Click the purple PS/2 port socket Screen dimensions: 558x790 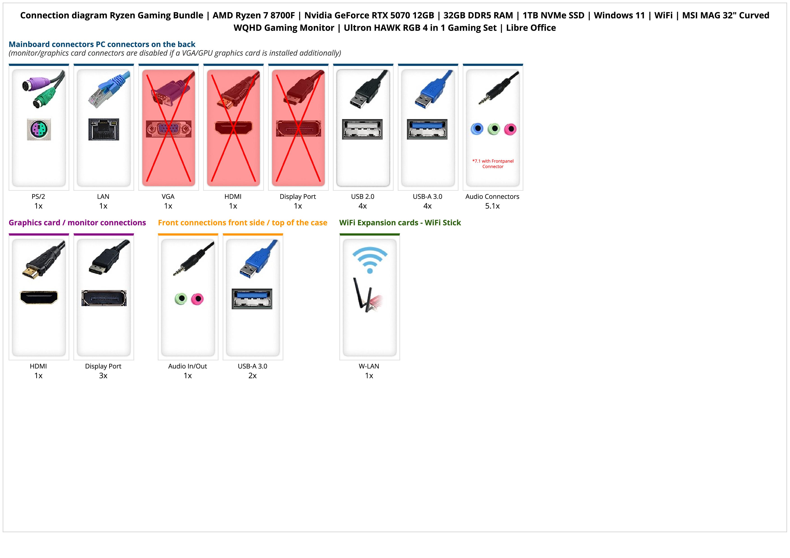pos(39,129)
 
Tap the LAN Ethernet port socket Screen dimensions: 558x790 pos(104,129)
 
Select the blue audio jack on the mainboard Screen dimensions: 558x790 pos(477,129)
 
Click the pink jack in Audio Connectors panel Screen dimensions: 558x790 pos(510,129)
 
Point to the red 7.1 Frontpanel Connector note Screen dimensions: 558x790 pos(493,164)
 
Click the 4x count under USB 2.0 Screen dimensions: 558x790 pos(363,206)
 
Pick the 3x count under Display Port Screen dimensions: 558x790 pos(103,375)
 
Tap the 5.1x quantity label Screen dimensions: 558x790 pos(492,206)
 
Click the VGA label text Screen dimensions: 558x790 pos(168,197)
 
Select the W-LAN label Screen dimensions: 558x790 pos(369,366)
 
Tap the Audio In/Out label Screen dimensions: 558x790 pos(188,366)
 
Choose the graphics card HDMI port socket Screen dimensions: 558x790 pos(39,297)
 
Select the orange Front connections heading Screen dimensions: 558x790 pos(242,223)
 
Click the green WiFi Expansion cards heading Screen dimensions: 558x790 pos(400,223)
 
